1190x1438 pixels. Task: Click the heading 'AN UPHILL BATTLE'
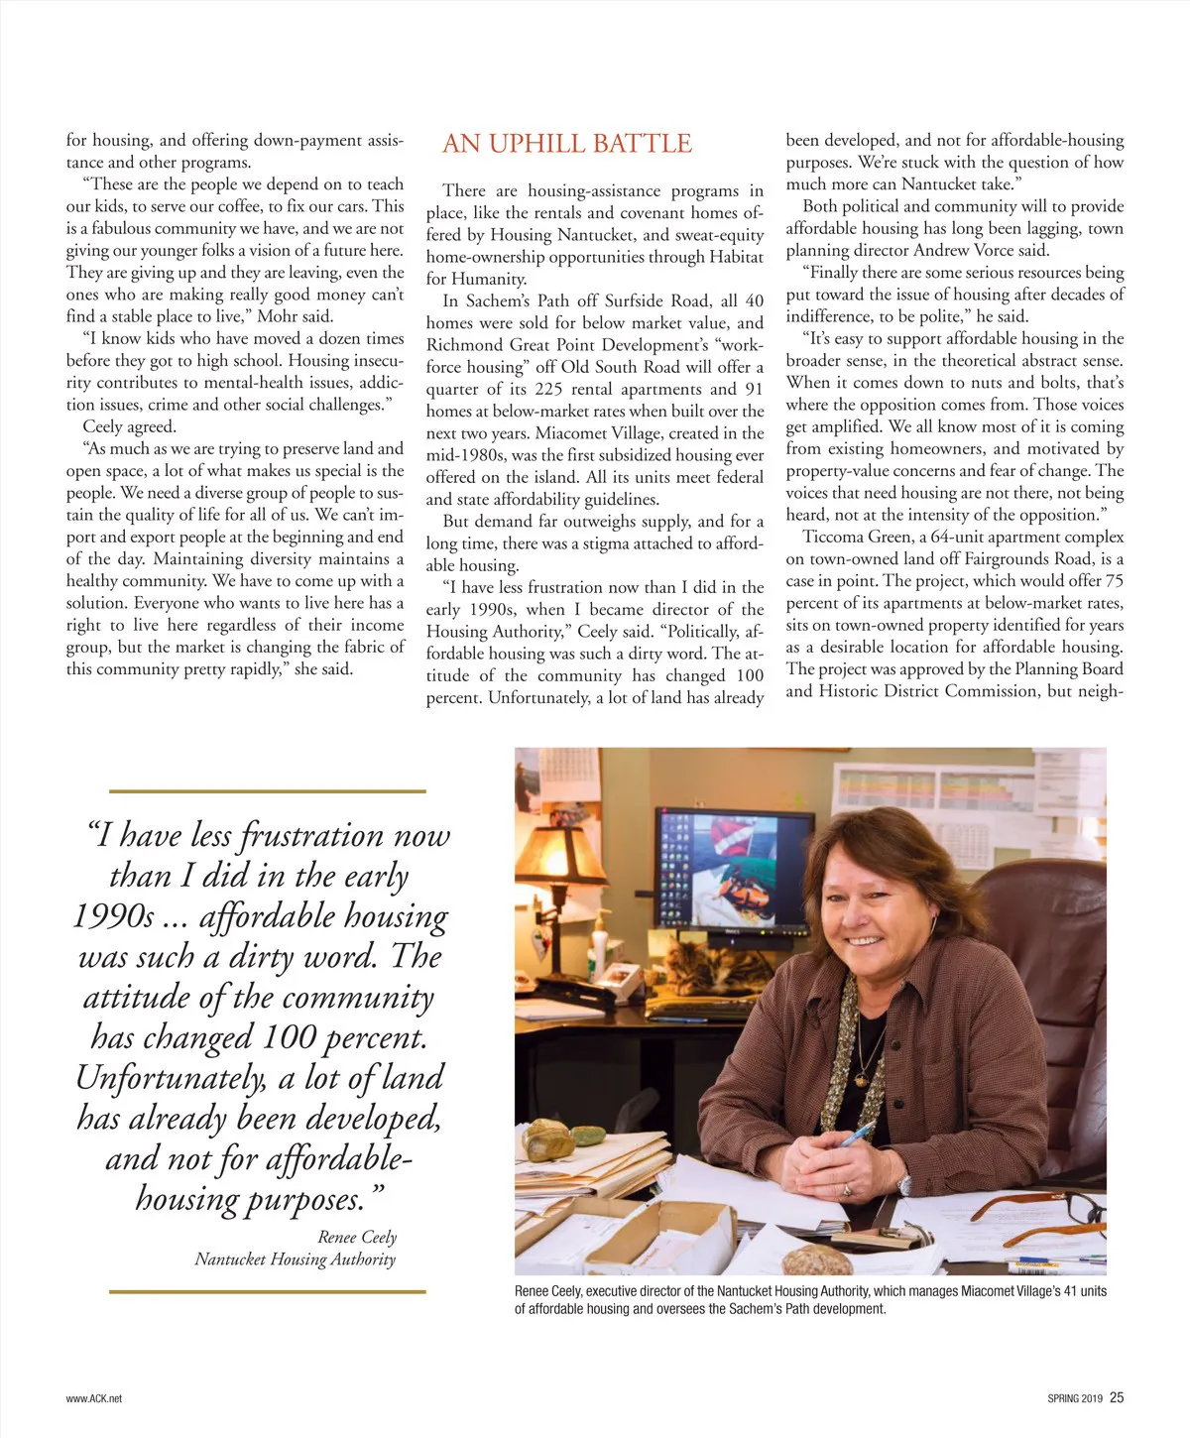point(566,144)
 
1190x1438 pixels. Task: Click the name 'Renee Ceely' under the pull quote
point(357,1237)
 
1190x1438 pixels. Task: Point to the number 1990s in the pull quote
point(113,917)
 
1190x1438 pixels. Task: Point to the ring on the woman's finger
point(846,1189)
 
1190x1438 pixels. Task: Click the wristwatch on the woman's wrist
point(904,1184)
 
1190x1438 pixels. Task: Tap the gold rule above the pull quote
point(267,790)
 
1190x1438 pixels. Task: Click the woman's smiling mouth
point(864,941)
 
